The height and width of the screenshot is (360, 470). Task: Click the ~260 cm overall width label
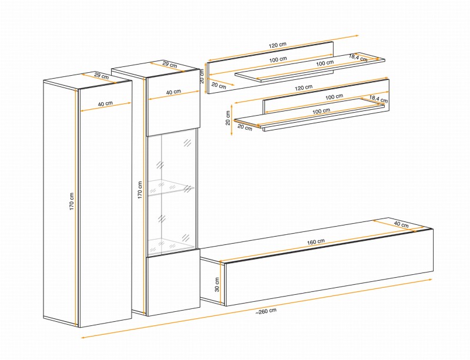[266, 311]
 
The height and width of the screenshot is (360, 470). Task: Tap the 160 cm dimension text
[316, 241]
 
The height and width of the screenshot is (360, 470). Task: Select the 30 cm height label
[217, 284]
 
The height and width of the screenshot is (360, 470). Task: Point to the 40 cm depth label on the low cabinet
[401, 224]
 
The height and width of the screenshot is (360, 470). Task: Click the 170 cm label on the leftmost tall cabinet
[72, 201]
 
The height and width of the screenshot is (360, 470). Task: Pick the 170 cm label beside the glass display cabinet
[140, 190]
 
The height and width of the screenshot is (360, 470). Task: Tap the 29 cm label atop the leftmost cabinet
[101, 76]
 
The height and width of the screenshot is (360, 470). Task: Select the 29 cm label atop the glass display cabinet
[170, 64]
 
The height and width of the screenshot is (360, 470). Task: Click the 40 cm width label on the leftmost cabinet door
[105, 104]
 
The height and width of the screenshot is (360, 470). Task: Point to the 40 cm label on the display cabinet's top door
[173, 92]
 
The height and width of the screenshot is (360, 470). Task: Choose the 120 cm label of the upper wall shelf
[277, 45]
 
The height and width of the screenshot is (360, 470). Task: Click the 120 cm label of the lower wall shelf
[303, 88]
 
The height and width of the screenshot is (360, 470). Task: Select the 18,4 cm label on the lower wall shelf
[378, 99]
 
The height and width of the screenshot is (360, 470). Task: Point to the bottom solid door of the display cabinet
[173, 282]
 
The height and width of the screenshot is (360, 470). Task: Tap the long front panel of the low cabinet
[328, 267]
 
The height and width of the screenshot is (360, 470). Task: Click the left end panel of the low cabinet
[212, 280]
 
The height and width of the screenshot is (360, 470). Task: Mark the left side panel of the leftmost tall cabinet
[61, 204]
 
